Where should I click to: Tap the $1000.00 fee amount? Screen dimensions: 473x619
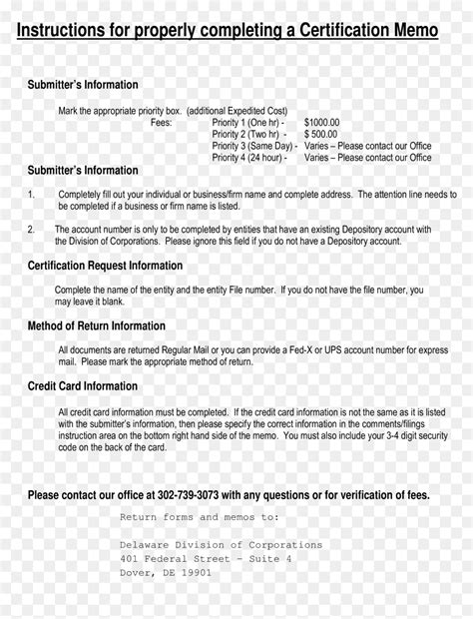pos(321,123)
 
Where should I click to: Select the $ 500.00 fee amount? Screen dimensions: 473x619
pos(321,134)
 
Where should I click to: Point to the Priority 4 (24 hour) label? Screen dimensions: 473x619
pos(248,157)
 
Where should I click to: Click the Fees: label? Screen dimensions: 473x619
pos(161,123)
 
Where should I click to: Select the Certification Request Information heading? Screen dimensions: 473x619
pos(105,266)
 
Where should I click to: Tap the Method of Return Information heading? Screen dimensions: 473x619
pos(96,325)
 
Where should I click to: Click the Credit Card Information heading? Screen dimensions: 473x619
pos(83,386)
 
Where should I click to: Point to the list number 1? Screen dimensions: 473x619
pos(31,195)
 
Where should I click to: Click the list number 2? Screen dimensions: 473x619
pos(31,229)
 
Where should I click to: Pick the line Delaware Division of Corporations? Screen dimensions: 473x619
pos(221,545)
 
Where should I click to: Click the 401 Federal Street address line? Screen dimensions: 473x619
pos(206,559)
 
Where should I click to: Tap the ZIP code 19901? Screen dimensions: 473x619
pos(196,573)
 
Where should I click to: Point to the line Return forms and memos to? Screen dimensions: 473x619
pos(200,517)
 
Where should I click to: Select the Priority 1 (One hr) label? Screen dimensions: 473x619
pos(247,123)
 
